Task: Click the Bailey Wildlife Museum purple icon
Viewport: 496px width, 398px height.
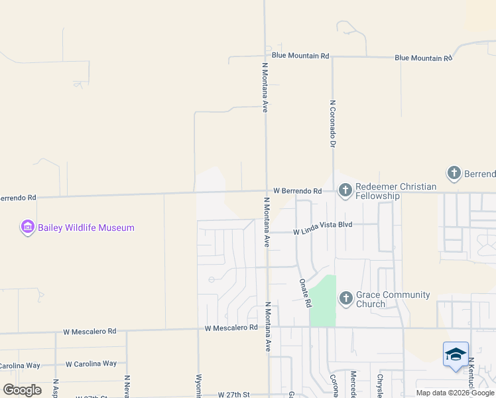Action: point(27,228)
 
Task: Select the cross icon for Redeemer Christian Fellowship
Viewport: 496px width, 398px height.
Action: point(345,191)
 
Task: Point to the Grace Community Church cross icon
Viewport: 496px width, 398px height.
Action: point(345,299)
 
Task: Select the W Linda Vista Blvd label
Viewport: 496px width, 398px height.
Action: point(322,232)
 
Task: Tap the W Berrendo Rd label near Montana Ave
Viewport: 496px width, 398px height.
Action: point(297,191)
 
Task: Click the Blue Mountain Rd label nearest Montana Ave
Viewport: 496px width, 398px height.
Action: point(300,56)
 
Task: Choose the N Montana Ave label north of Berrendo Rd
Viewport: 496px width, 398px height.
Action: point(265,88)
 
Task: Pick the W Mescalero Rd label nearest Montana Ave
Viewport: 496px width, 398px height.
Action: point(231,328)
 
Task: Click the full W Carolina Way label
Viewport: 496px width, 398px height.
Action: point(91,364)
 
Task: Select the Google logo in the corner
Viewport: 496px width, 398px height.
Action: point(22,390)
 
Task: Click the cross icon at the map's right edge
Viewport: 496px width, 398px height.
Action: point(454,174)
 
